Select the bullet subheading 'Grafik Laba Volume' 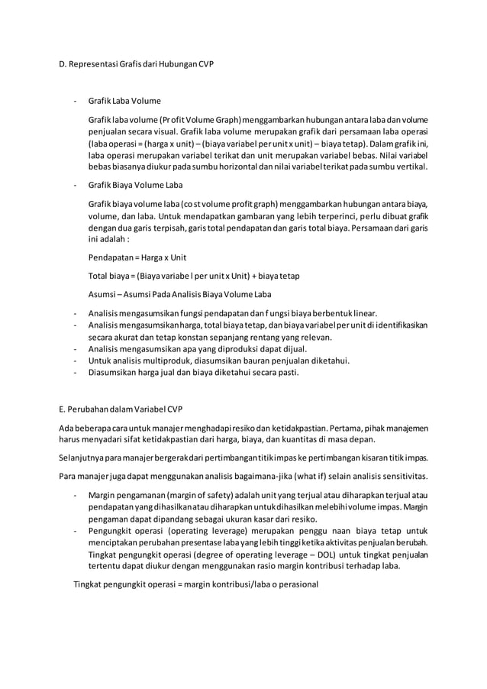point(125,101)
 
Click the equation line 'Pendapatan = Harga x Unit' point(137,257)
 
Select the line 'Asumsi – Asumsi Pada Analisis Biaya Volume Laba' point(180,294)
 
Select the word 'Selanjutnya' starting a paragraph point(82,458)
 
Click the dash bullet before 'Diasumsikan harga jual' point(74,374)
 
